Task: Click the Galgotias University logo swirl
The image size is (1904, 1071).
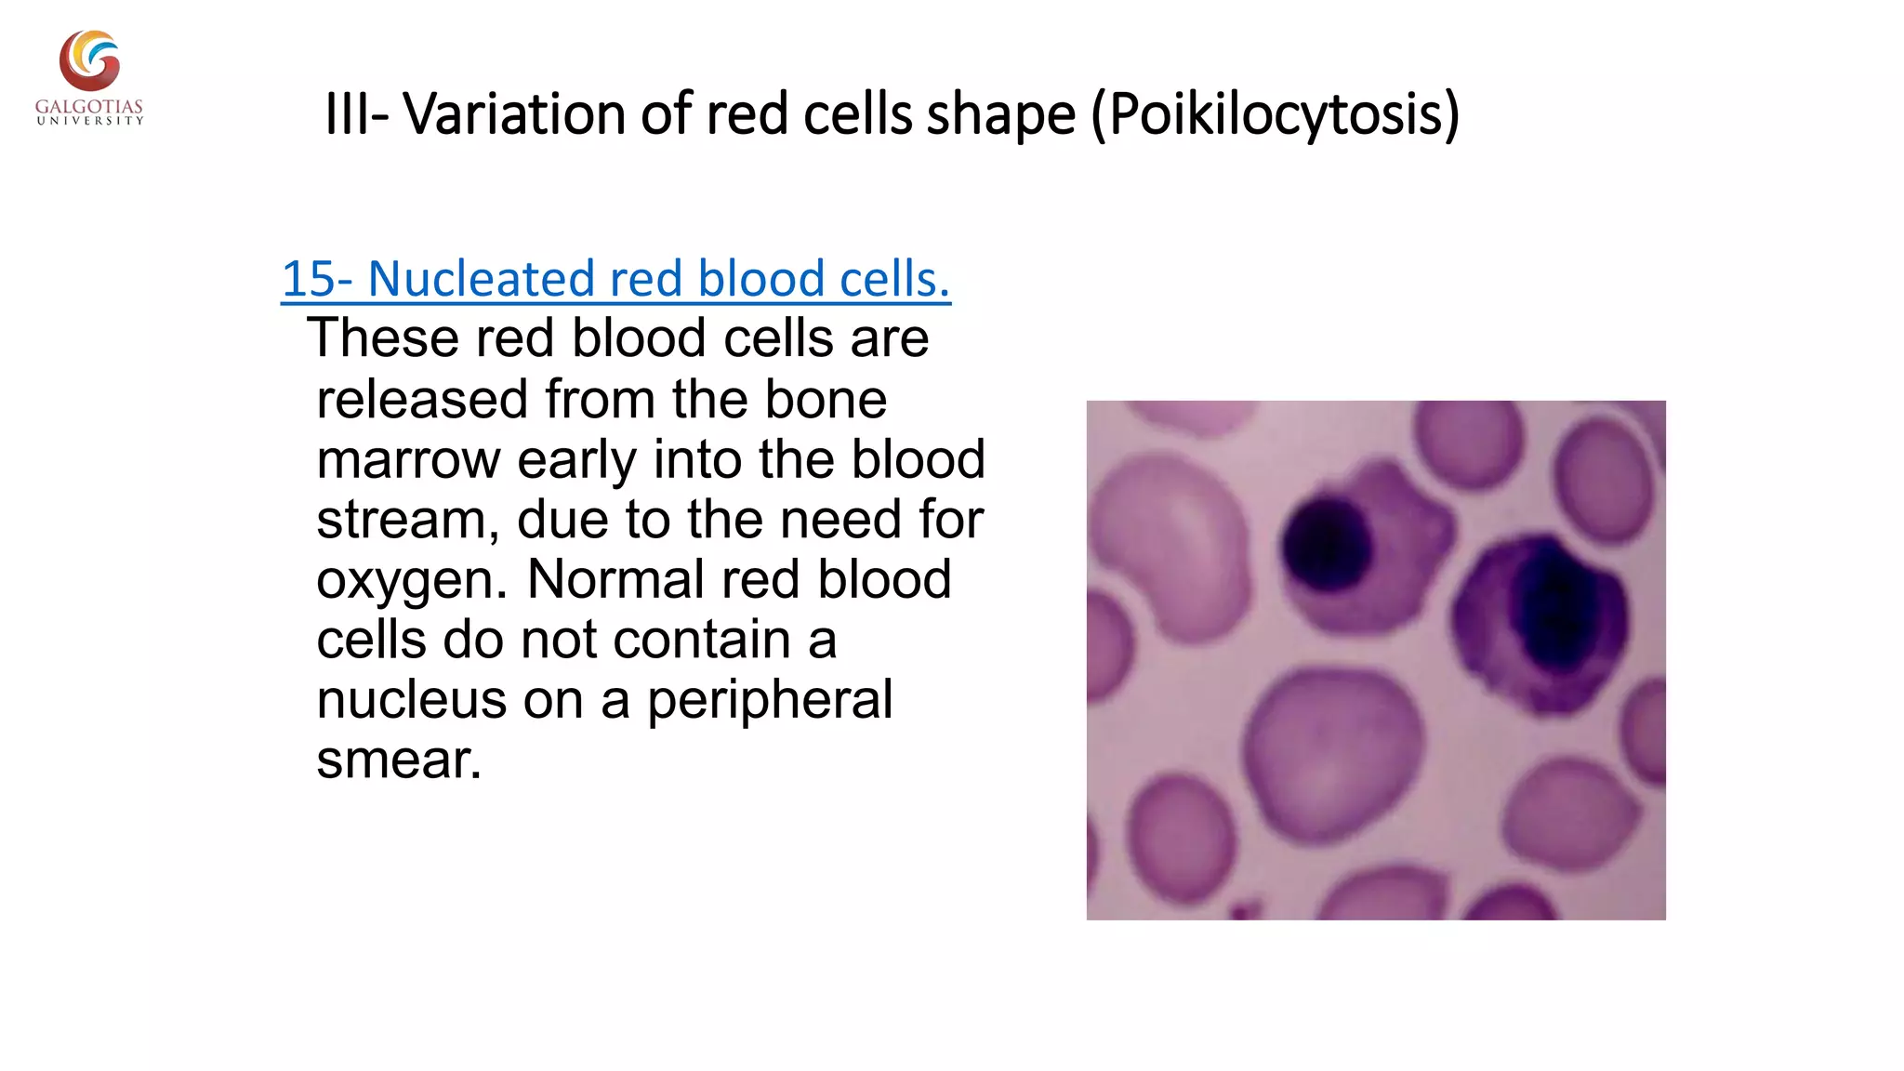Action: click(x=89, y=59)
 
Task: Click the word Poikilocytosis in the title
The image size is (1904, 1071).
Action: click(x=1275, y=114)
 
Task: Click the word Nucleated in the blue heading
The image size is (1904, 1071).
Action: click(x=481, y=279)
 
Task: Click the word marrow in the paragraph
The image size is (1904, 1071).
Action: click(x=408, y=459)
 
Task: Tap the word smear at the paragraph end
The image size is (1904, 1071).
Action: click(x=398, y=760)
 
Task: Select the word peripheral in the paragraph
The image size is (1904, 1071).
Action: click(x=769, y=700)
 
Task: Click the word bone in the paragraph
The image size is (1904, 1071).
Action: click(x=825, y=400)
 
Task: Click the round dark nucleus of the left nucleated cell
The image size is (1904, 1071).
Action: click(x=1327, y=546)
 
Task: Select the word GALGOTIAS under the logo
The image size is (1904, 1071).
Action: click(x=89, y=107)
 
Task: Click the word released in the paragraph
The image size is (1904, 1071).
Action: click(x=422, y=400)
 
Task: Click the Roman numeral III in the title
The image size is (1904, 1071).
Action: click(x=346, y=114)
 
